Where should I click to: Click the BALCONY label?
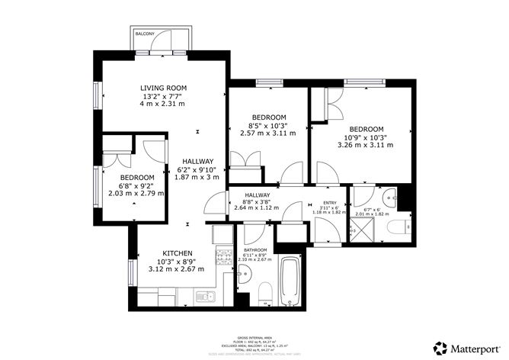[145, 34]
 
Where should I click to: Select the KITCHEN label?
[177, 253]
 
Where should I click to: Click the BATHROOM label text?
[255, 249]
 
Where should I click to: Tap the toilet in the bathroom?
[264, 293]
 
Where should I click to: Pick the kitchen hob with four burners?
[225, 257]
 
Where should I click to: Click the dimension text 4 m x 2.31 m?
[163, 104]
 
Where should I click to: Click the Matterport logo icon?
[440, 346]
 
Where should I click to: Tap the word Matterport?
[474, 346]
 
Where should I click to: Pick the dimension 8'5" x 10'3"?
[267, 125]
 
